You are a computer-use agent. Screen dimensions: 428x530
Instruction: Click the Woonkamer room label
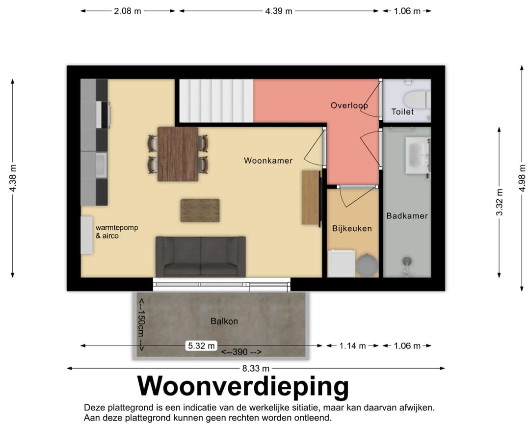(268, 160)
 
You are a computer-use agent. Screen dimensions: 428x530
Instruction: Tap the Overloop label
(349, 106)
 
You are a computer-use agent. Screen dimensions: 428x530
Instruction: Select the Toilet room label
(402, 112)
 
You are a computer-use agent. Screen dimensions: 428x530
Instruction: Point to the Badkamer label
(407, 215)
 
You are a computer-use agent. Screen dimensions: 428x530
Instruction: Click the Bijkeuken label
(352, 228)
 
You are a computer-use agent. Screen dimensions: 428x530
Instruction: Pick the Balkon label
(224, 321)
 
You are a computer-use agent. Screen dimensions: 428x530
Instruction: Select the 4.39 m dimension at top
(279, 11)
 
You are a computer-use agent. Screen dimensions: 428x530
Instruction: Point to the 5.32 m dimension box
(201, 346)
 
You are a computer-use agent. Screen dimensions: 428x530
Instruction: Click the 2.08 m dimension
(128, 11)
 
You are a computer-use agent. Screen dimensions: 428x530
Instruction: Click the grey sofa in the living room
(200, 257)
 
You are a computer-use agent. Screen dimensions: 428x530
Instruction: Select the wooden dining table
(178, 154)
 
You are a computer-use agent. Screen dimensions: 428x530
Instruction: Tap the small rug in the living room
(200, 210)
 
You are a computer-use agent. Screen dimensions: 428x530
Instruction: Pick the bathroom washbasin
(417, 155)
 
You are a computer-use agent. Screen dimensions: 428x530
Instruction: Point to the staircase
(216, 101)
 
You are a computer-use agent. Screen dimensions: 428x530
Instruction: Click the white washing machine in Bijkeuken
(341, 264)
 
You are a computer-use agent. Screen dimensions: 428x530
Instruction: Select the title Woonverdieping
(243, 386)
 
